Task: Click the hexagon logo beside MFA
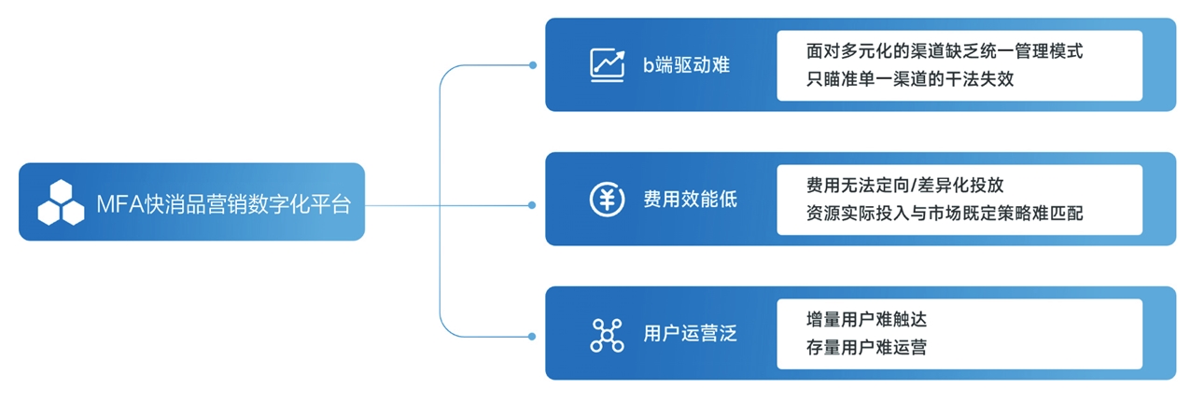point(61,202)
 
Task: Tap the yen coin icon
point(607,200)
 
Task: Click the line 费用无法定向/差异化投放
point(904,186)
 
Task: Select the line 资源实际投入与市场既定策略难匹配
point(945,214)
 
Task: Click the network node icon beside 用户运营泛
point(607,335)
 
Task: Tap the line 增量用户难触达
point(866,320)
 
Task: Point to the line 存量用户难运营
point(866,347)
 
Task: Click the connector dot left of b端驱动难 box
point(532,65)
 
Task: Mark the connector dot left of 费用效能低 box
point(532,202)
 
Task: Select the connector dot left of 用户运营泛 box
point(532,335)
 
